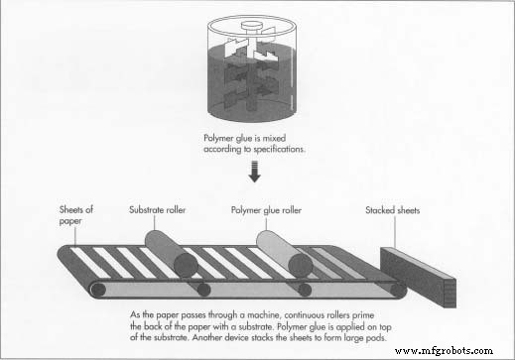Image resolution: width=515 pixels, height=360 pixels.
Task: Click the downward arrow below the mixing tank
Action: pyautogui.click(x=254, y=171)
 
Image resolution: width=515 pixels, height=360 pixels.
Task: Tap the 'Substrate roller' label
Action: pyautogui.click(x=157, y=210)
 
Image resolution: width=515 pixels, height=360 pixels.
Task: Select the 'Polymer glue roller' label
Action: pyautogui.click(x=266, y=210)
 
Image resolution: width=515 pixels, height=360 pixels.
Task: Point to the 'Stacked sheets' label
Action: pyautogui.click(x=392, y=210)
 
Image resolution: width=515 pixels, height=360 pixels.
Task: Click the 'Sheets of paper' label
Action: pyautogui.click(x=76, y=215)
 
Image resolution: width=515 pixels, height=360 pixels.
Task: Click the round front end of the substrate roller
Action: pyautogui.click(x=186, y=265)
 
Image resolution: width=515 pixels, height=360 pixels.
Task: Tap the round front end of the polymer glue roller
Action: pyautogui.click(x=301, y=265)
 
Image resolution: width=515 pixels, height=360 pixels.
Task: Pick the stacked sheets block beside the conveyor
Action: pyautogui.click(x=419, y=277)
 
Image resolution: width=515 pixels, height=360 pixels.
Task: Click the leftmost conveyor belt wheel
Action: pyautogui.click(x=98, y=291)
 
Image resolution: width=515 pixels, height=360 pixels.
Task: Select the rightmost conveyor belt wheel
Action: pyautogui.click(x=399, y=291)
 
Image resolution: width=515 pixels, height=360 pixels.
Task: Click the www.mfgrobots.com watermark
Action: pyautogui.click(x=444, y=351)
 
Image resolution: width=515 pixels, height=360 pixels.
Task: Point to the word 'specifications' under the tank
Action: pyautogui.click(x=279, y=150)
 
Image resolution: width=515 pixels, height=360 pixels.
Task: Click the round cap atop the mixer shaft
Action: pyautogui.click(x=251, y=25)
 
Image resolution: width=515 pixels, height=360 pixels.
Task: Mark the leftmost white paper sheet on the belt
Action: pyautogui.click(x=90, y=263)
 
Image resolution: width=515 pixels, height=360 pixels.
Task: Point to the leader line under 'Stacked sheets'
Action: pyautogui.click(x=395, y=232)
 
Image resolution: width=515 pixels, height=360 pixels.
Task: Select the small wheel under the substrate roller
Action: pyautogui.click(x=203, y=290)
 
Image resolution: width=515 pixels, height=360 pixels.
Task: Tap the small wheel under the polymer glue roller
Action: pyautogui.click(x=305, y=290)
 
